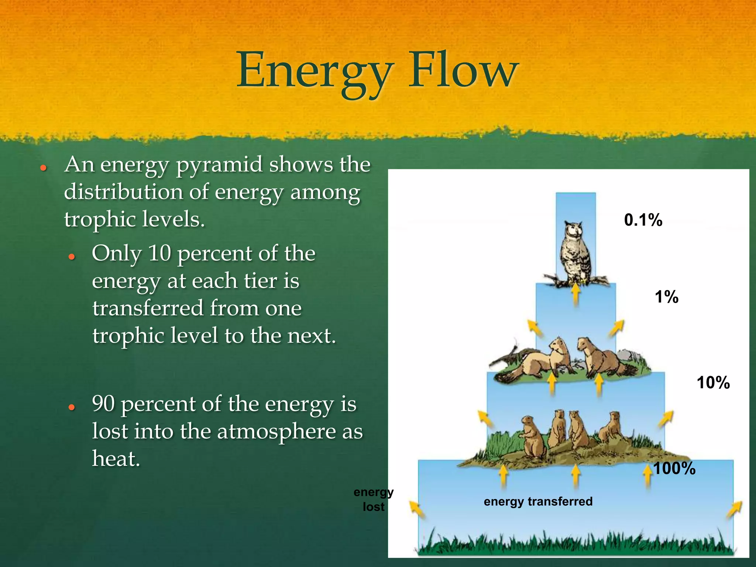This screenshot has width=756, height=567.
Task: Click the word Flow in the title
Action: coord(463,70)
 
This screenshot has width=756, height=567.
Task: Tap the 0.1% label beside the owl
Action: coord(643,220)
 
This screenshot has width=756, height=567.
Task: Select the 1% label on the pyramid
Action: coord(666,297)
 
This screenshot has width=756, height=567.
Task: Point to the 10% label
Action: coord(713,382)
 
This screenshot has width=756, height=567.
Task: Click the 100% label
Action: coord(674,468)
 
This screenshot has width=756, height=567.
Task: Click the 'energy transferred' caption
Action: coord(538,501)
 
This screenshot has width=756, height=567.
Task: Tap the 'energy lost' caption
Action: coord(373,499)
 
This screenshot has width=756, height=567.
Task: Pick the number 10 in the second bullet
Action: coord(159,254)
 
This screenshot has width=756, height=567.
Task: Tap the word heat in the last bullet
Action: coord(116,459)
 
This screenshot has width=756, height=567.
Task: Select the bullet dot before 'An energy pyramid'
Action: coord(44,168)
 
